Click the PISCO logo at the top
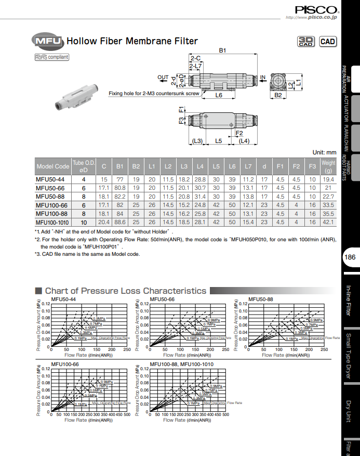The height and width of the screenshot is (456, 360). pyautogui.click(x=317, y=9)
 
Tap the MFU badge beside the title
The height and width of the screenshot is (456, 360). pyautogui.click(x=47, y=41)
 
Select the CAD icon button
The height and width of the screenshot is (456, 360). pyautogui.click(x=327, y=42)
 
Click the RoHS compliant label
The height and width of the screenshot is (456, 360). pyautogui.click(x=51, y=57)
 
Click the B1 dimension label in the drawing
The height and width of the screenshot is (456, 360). pyautogui.click(x=222, y=50)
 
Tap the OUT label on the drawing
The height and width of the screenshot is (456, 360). pyautogui.click(x=163, y=77)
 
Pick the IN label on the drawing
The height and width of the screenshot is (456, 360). pyautogui.click(x=262, y=77)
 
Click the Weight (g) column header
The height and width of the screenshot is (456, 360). pyautogui.click(x=328, y=166)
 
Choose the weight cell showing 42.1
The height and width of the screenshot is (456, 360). pyautogui.click(x=328, y=222)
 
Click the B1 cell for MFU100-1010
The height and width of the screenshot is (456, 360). pyautogui.click(x=120, y=222)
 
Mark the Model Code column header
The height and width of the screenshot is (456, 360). pyautogui.click(x=52, y=166)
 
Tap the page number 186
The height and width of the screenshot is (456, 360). pyautogui.click(x=350, y=257)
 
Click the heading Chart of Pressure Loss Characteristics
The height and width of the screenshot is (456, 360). pyautogui.click(x=125, y=291)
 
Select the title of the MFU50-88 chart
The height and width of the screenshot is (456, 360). pyautogui.click(x=260, y=299)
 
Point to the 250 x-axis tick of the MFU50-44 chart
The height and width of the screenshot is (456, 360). pyautogui.click(x=127, y=350)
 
